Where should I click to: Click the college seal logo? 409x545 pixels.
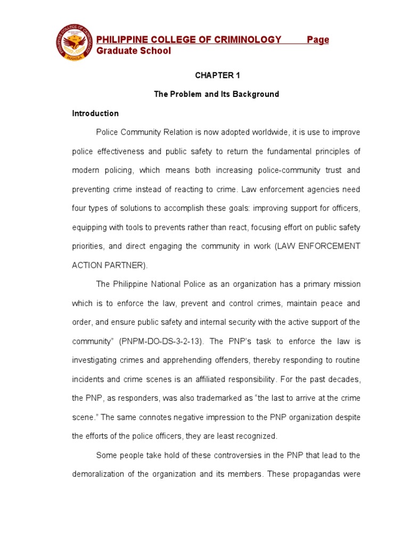click(x=74, y=43)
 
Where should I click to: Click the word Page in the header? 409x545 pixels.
click(x=318, y=39)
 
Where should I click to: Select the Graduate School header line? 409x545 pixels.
click(x=134, y=51)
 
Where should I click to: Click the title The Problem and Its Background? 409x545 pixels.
click(x=216, y=94)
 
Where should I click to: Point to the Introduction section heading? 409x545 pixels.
click(x=95, y=113)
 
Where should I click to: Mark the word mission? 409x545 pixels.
click(x=345, y=284)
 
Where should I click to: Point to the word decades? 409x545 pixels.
click(x=345, y=379)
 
